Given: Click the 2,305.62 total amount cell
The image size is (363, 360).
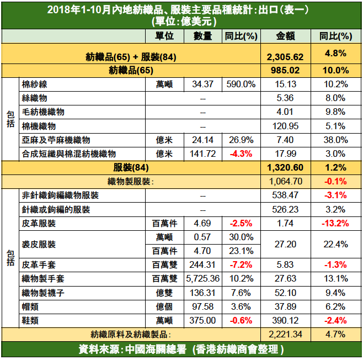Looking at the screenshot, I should pyautogui.click(x=285, y=56).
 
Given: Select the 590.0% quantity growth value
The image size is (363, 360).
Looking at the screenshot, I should pyautogui.click(x=241, y=84).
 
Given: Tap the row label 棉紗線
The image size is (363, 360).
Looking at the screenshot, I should pyautogui.click(x=34, y=84).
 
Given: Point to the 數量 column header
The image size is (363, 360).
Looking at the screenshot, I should pyautogui.click(x=202, y=36).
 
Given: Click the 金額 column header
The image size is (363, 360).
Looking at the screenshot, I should pyautogui.click(x=285, y=36).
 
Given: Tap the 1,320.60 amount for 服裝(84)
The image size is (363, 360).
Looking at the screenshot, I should pyautogui.click(x=285, y=167).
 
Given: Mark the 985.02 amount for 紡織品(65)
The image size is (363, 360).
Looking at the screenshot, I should pyautogui.click(x=285, y=70).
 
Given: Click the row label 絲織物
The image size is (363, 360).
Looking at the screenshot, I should pyautogui.click(x=34, y=98).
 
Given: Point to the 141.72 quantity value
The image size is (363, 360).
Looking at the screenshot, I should pyautogui.click(x=202, y=153).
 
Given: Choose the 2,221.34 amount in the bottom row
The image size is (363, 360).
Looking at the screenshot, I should pyautogui.click(x=285, y=335).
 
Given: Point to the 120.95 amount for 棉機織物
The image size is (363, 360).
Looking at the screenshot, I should pyautogui.click(x=285, y=126).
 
